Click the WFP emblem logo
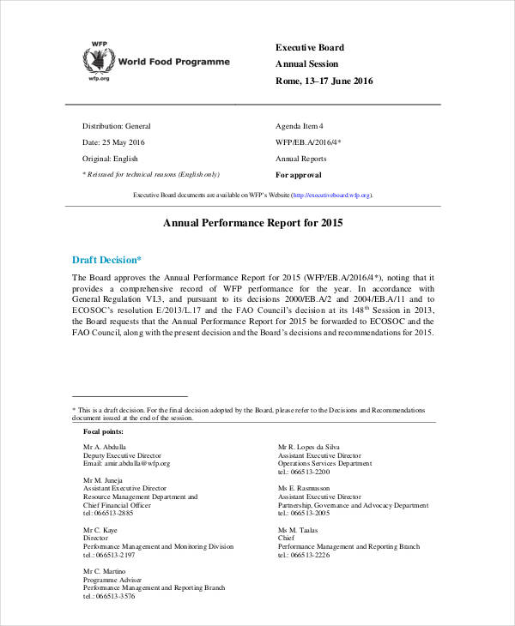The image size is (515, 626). click(x=98, y=59)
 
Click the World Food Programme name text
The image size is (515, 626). click(x=174, y=62)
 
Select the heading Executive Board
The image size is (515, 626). click(x=309, y=47)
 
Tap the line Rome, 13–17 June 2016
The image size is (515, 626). click(x=324, y=81)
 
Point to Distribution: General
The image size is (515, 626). click(x=116, y=125)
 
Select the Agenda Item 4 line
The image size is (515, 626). click(x=300, y=125)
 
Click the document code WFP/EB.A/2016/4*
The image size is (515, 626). click(x=308, y=141)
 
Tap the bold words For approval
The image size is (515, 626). click(x=299, y=175)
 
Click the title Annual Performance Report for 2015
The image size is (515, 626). click(x=253, y=223)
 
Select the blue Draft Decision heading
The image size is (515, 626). click(x=107, y=260)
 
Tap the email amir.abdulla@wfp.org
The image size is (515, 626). click(x=126, y=463)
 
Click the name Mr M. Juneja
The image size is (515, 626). click(x=103, y=480)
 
